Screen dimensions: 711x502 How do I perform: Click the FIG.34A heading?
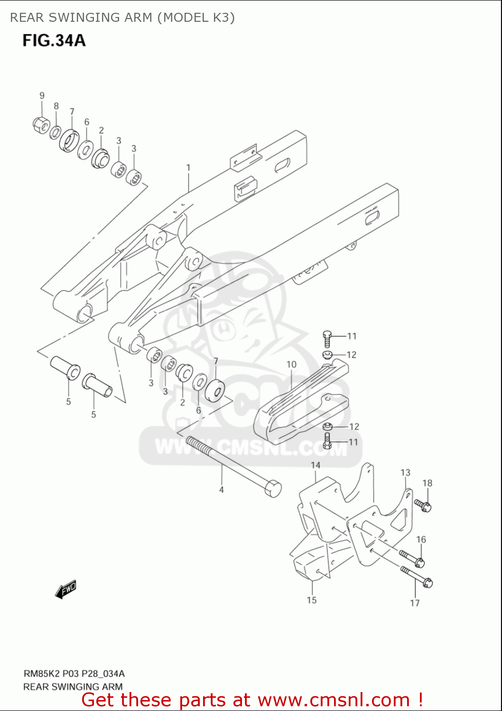(x=54, y=40)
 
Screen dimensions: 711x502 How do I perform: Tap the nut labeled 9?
(x=40, y=124)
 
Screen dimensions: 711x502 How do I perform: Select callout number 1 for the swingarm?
(x=188, y=168)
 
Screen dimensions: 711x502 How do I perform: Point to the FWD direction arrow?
(x=66, y=590)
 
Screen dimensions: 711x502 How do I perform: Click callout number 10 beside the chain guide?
(x=291, y=365)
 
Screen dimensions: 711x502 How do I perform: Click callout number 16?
(x=421, y=539)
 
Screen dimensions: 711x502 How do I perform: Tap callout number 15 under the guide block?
(x=311, y=600)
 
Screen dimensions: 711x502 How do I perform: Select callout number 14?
(x=316, y=465)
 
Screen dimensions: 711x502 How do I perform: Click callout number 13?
(x=405, y=473)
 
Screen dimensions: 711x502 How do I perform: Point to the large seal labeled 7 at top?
(x=69, y=139)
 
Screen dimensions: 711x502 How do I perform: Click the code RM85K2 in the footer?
(x=39, y=674)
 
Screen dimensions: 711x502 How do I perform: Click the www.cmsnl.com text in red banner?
(x=334, y=700)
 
